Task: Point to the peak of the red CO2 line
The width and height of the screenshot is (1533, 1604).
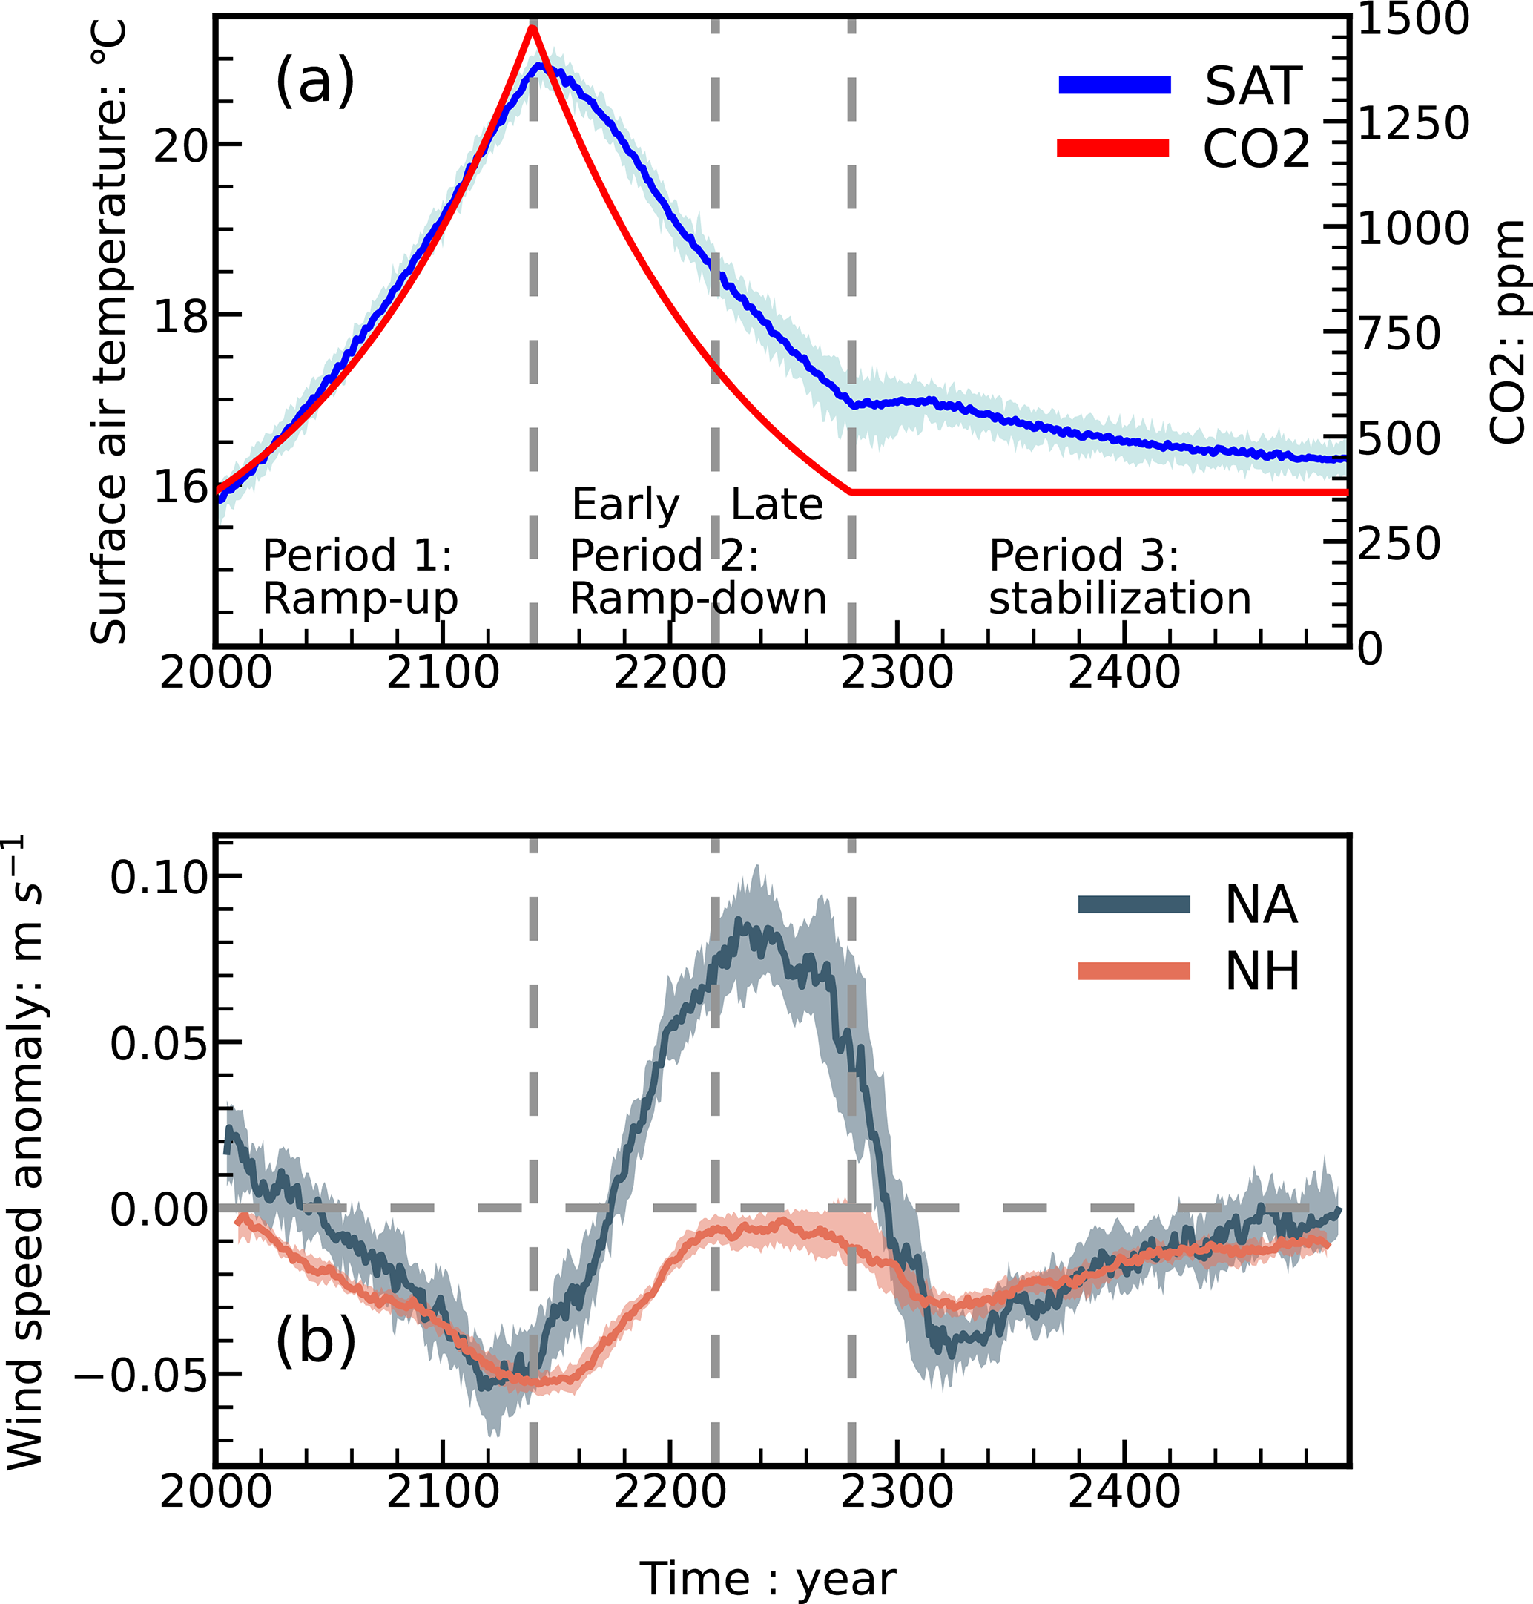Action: pos(532,29)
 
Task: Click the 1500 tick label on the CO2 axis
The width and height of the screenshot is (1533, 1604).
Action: pos(1414,19)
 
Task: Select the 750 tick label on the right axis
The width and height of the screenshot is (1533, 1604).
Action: pos(1399,334)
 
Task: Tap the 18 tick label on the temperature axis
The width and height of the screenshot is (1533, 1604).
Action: pos(179,315)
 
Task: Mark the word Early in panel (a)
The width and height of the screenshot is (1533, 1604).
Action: pos(625,504)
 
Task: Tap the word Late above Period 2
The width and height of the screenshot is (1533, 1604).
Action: pos(777,504)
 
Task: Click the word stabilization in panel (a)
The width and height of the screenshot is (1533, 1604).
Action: pos(1119,599)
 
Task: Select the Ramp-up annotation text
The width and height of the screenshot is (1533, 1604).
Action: pos(360,599)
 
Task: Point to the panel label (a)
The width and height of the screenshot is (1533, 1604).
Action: pos(314,82)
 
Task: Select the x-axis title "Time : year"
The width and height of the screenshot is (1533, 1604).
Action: pos(768,1578)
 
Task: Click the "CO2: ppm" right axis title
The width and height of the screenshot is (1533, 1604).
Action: pos(1506,332)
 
